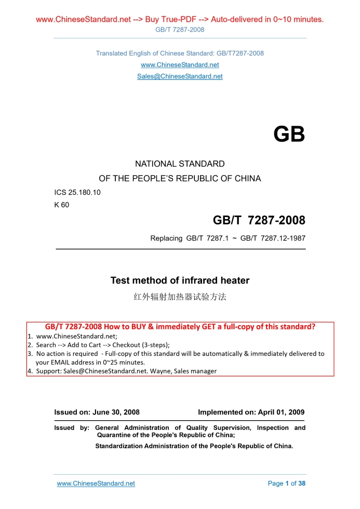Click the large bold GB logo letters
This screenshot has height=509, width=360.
pyautogui.click(x=289, y=135)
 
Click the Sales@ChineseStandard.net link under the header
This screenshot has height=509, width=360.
pyautogui.click(x=180, y=76)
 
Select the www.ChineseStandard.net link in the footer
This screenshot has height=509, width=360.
pyautogui.click(x=96, y=484)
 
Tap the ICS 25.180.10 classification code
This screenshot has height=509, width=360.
pyautogui.click(x=77, y=193)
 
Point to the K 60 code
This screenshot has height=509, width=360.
pyautogui.click(x=62, y=205)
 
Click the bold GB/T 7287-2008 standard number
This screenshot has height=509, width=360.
pyautogui.click(x=259, y=221)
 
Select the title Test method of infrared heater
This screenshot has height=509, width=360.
pyautogui.click(x=180, y=280)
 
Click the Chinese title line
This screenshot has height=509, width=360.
pyautogui.click(x=180, y=298)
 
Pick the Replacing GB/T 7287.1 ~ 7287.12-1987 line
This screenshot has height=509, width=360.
pyautogui.click(x=228, y=238)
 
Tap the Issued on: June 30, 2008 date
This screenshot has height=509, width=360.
pyautogui.click(x=97, y=412)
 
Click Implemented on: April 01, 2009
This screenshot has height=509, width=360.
pyautogui.click(x=251, y=412)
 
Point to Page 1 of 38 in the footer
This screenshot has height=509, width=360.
pyautogui.click(x=286, y=484)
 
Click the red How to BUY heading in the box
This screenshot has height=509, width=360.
pyautogui.click(x=180, y=327)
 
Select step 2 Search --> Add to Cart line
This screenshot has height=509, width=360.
pyautogui.click(x=102, y=344)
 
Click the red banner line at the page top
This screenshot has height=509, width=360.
pyautogui.click(x=180, y=20)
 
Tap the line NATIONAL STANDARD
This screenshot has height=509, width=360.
pyautogui.click(x=180, y=164)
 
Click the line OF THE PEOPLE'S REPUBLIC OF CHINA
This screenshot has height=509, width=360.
pyautogui.click(x=180, y=178)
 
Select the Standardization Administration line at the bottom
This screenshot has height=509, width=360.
pyautogui.click(x=194, y=446)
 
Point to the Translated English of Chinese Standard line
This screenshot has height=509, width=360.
pyautogui.click(x=180, y=53)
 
